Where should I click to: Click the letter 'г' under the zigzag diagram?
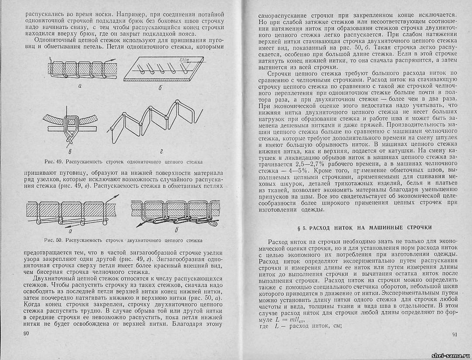[x=161, y=151]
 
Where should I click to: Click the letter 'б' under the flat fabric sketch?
[x=161, y=89]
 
